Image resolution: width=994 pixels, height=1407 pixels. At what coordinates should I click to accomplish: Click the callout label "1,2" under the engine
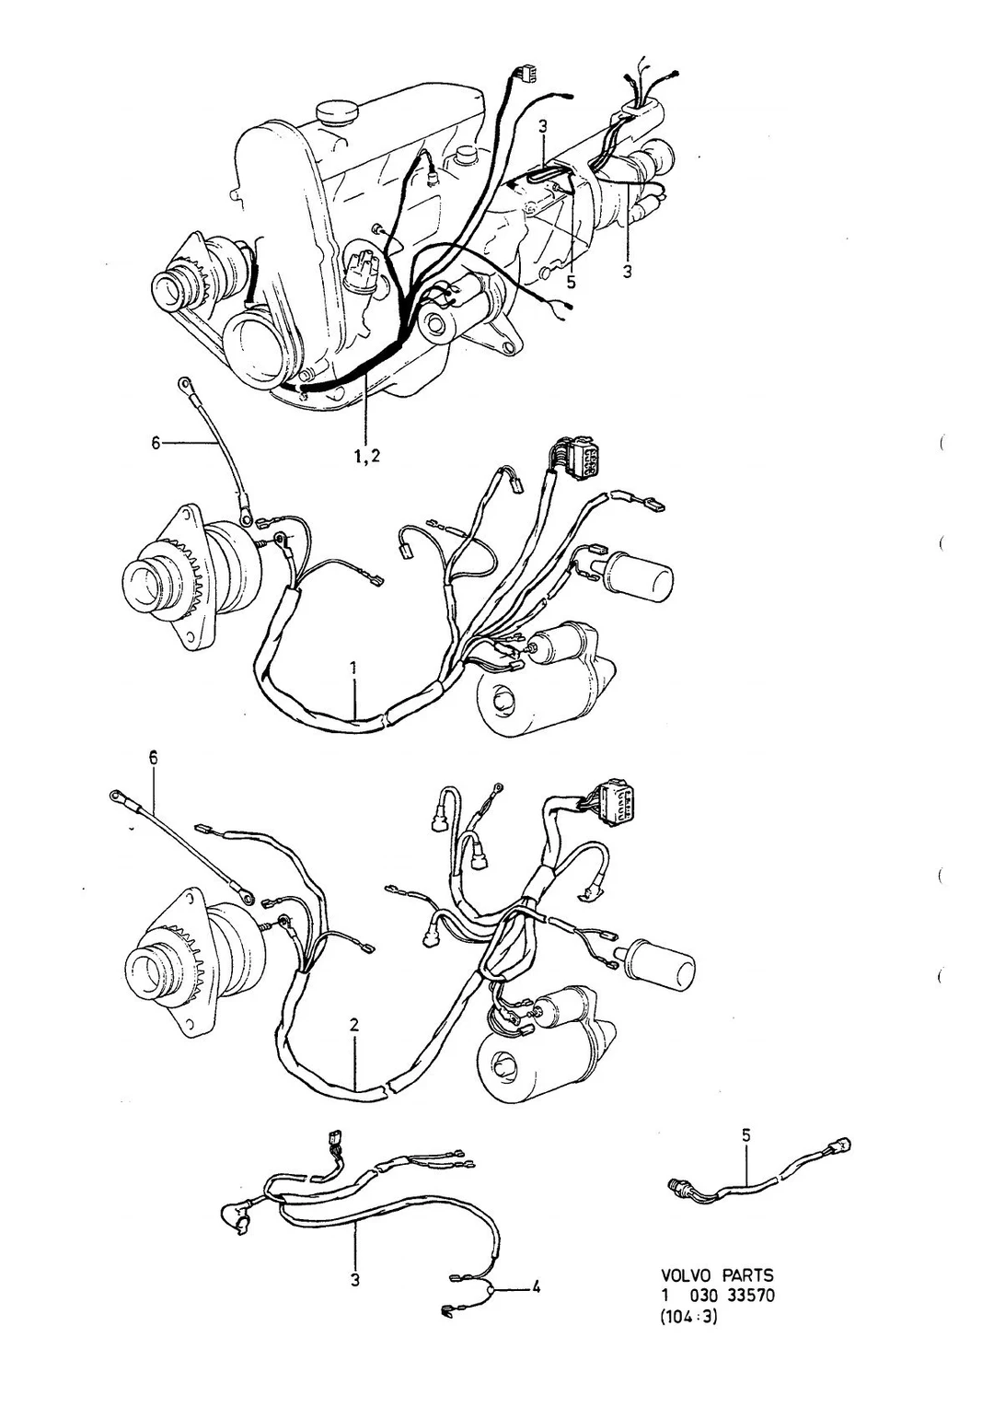[366, 457]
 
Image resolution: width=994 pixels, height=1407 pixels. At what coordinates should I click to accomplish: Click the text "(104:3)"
[688, 1366]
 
